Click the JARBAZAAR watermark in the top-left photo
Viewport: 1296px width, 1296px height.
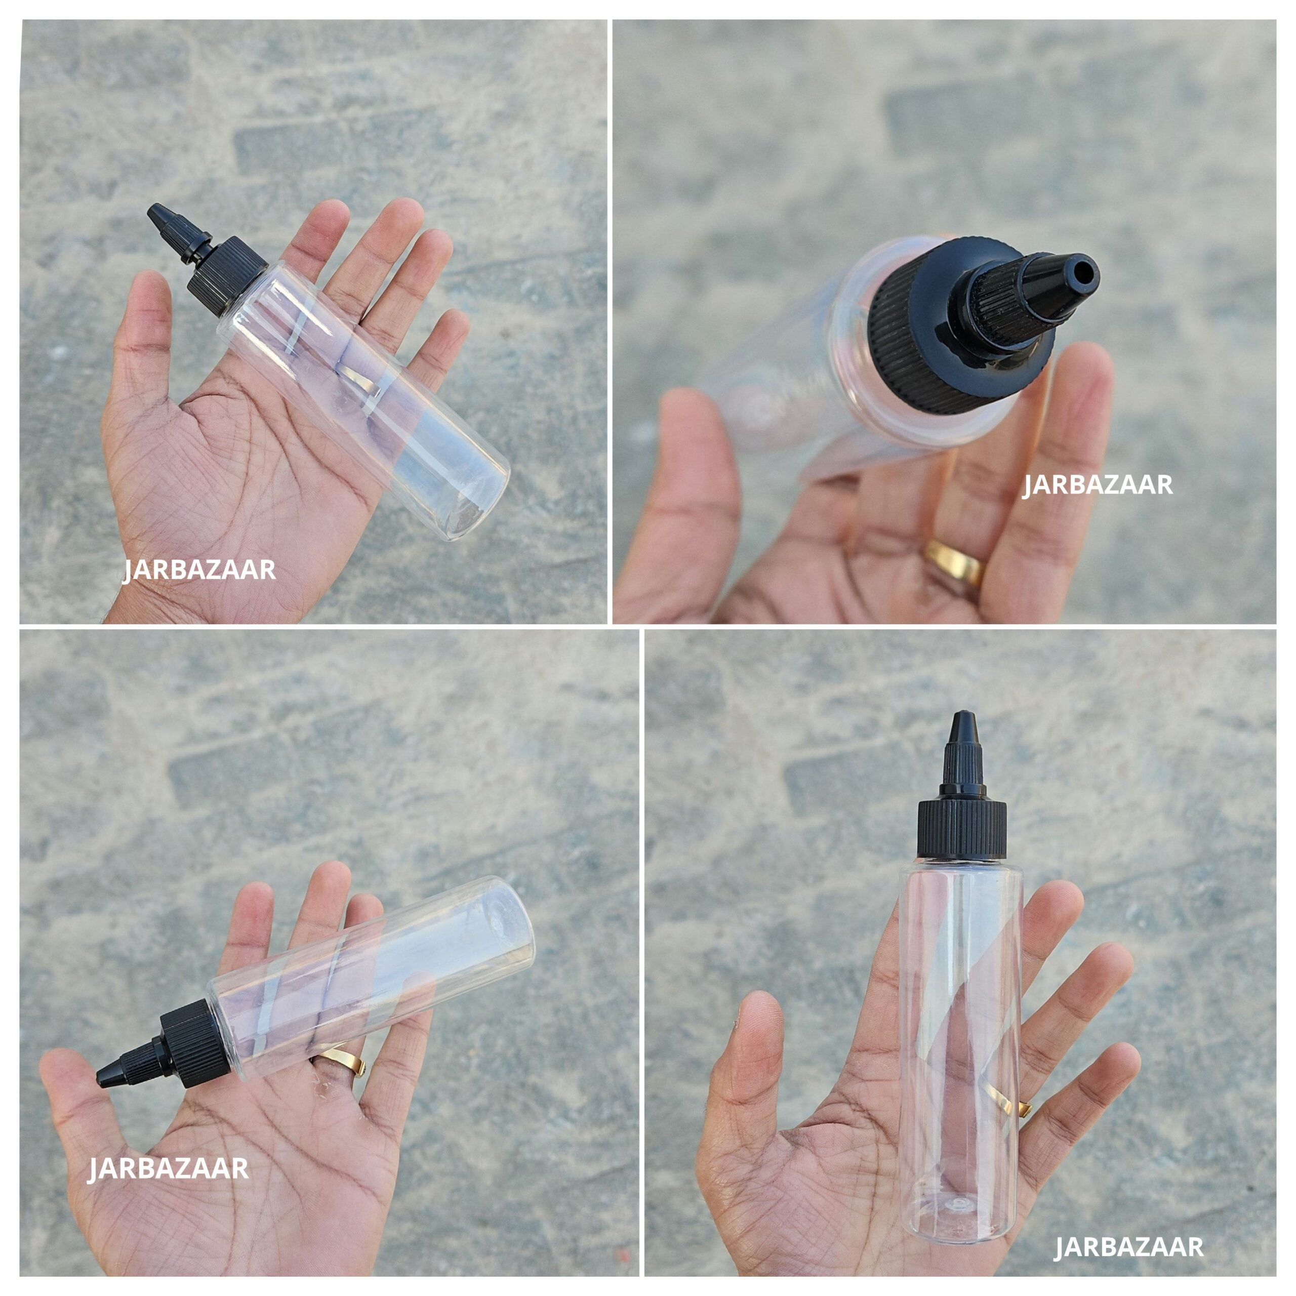200,570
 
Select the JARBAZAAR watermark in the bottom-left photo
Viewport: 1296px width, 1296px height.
169,1112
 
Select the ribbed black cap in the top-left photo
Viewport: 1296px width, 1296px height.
227,275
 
